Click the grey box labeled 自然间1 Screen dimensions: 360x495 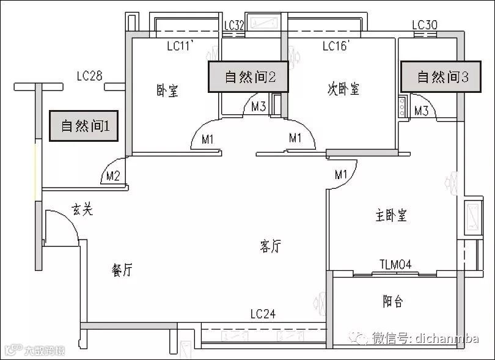[x=85, y=127]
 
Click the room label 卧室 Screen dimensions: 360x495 [x=167, y=91]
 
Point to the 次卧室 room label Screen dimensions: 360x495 [x=343, y=89]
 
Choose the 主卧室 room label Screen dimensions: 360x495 [x=391, y=215]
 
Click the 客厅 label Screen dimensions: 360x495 [x=270, y=246]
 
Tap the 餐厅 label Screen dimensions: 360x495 [x=122, y=270]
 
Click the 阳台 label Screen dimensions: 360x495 [x=393, y=301]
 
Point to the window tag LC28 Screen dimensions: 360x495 [x=89, y=76]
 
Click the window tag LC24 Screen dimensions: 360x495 [x=263, y=314]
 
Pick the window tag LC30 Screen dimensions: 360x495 [x=425, y=25]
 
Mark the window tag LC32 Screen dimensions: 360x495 [x=234, y=25]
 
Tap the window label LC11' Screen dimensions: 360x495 [x=180, y=45]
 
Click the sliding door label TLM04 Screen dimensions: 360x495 [x=395, y=264]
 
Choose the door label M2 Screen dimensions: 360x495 [x=112, y=177]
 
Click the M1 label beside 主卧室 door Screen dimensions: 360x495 [x=340, y=175]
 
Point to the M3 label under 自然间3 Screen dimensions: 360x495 [x=421, y=111]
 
